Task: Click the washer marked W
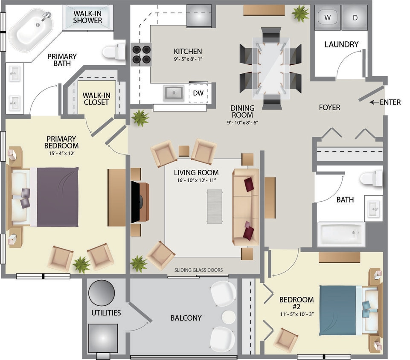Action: click(x=328, y=18)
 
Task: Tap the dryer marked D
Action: click(x=355, y=18)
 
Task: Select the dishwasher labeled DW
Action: click(x=198, y=93)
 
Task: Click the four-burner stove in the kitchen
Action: click(x=141, y=54)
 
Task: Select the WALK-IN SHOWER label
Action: click(x=87, y=17)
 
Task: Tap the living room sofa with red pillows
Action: click(x=246, y=207)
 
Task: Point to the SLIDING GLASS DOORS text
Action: click(x=198, y=270)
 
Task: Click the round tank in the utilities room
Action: click(x=102, y=293)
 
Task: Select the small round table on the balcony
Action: click(x=229, y=316)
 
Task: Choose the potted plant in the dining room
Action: click(x=301, y=13)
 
